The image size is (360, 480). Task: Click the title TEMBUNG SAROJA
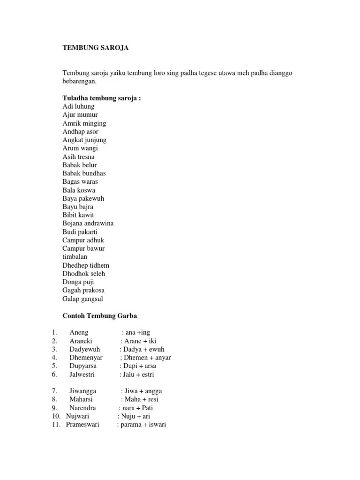coord(95,48)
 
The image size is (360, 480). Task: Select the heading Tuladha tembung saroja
coord(102,98)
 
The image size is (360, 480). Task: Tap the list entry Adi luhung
coord(78,106)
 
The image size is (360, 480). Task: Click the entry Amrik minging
coord(84,123)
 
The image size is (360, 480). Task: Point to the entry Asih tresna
coord(78,157)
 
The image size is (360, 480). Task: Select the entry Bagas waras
coord(80,181)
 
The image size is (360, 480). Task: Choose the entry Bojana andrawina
coord(88,223)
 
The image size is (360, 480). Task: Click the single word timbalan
coord(75,256)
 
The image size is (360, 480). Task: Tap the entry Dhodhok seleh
coord(84,273)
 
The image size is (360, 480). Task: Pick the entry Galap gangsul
coord(83,299)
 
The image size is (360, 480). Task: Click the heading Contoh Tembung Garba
coord(100,316)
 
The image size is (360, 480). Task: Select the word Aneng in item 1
coord(79,332)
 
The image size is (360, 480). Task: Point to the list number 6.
coord(54,374)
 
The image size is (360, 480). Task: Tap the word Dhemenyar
coord(86,358)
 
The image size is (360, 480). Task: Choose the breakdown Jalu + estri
coord(137,374)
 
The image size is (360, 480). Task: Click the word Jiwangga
coord(82,391)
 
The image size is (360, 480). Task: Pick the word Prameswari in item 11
coord(82,425)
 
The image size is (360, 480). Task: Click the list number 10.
coord(56,416)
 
